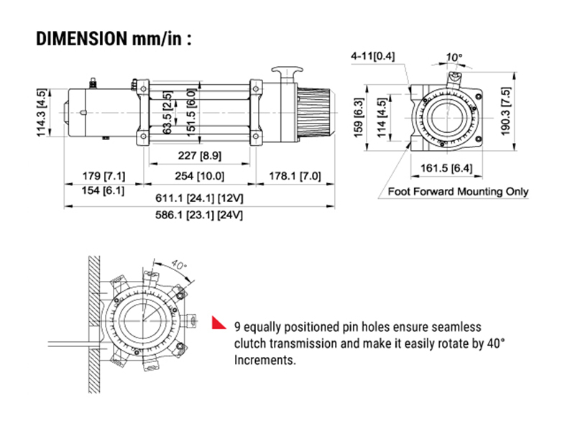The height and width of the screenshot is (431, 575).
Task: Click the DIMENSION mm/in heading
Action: [x=114, y=38]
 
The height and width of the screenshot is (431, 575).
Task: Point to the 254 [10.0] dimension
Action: [x=200, y=176]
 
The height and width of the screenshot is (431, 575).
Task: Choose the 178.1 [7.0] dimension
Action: [x=297, y=176]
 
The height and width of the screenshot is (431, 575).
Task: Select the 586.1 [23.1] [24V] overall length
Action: [x=201, y=215]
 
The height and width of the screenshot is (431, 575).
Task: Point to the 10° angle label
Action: [x=454, y=55]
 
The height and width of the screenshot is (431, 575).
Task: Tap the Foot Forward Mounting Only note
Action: [x=458, y=191]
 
